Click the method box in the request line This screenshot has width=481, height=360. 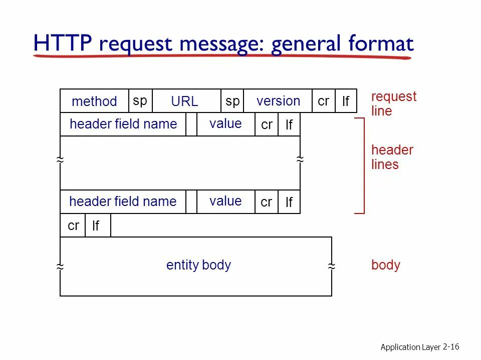[94, 101]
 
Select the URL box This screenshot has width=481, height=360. [185, 101]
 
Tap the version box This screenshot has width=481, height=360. [278, 101]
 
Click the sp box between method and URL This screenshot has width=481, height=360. [140, 100]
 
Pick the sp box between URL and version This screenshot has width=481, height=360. [232, 101]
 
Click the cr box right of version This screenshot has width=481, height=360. [324, 101]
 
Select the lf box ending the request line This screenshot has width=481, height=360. [346, 101]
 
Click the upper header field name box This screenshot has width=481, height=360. [123, 124]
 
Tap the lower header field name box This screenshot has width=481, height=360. [123, 201]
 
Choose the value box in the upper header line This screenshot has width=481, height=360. [225, 124]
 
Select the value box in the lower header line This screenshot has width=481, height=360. [225, 201]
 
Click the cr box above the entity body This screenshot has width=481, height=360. [73, 225]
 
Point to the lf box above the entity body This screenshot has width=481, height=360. [97, 225]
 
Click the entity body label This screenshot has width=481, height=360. [198, 265]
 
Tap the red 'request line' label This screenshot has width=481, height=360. [393, 103]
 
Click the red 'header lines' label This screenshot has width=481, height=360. [392, 157]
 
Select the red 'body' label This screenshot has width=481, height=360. [386, 265]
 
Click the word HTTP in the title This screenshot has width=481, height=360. [63, 44]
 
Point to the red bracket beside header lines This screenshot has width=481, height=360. [363, 165]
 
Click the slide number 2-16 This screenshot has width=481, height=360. [451, 346]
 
